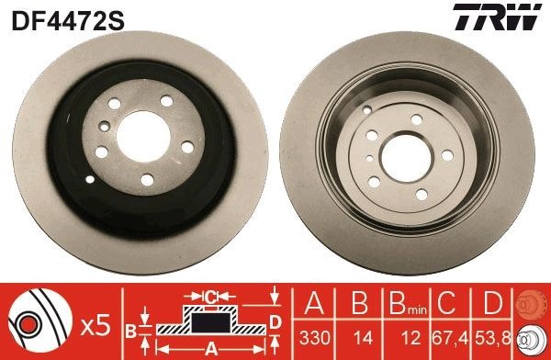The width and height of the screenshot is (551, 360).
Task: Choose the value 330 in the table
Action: pyautogui.click(x=314, y=337)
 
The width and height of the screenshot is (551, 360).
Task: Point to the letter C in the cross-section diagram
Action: pyautogui.click(x=210, y=296)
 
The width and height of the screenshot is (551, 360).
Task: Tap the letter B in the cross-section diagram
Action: pyautogui.click(x=130, y=331)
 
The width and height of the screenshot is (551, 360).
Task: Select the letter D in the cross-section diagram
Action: pyautogui.click(x=275, y=321)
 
